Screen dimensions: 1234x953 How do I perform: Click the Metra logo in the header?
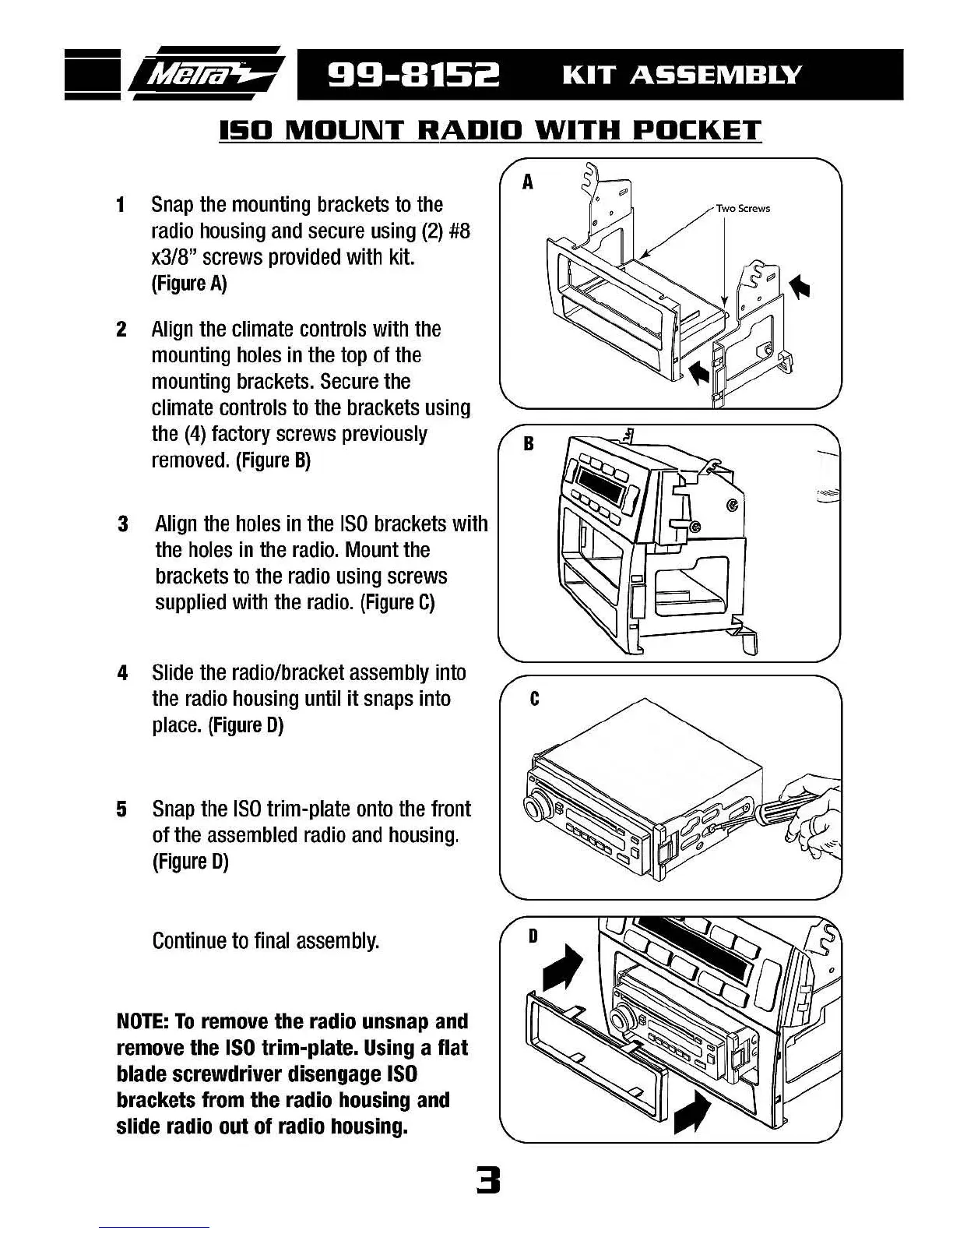tap(209, 75)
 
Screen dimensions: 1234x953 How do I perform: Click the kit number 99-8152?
tap(414, 76)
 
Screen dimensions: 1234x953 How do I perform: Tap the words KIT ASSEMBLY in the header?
tap(681, 76)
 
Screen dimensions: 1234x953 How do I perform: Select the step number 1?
tap(121, 205)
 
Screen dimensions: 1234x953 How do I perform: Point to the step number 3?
tap(122, 524)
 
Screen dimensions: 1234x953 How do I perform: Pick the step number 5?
tap(121, 809)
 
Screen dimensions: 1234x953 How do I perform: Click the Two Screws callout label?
tap(743, 208)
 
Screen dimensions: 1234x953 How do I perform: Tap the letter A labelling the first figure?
tap(528, 183)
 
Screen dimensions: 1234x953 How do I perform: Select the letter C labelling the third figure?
tap(534, 699)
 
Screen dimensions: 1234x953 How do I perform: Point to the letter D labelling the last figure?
tap(533, 936)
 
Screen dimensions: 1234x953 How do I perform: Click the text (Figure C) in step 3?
tap(397, 603)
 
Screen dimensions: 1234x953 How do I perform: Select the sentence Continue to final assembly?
tap(266, 941)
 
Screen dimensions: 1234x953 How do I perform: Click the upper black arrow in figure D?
tap(563, 968)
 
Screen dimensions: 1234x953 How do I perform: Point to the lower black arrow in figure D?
tap(691, 1112)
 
